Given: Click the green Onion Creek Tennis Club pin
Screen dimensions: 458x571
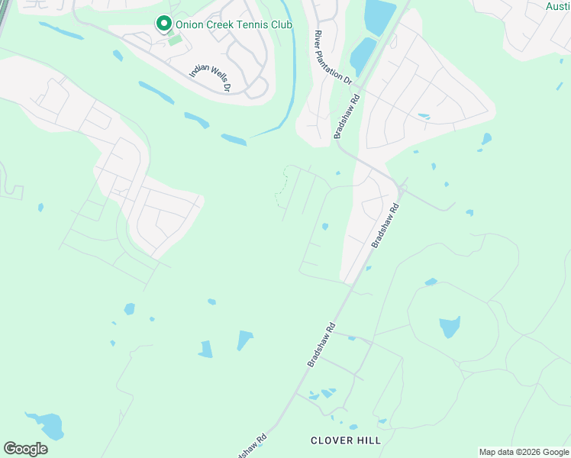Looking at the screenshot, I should (x=163, y=24).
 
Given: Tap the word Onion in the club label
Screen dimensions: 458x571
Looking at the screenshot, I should (x=190, y=24).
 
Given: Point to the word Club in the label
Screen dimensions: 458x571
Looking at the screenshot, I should (x=282, y=24).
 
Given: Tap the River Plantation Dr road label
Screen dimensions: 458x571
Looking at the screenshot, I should (x=333, y=58).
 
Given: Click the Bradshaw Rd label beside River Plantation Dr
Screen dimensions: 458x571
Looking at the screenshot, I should (x=346, y=117).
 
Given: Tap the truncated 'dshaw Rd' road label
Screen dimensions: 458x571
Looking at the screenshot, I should (x=255, y=445).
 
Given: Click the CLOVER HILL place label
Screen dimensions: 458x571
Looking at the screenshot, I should (x=345, y=440).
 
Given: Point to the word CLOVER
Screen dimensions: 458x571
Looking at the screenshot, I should (x=331, y=440).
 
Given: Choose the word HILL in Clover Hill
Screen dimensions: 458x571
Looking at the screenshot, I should (x=368, y=440).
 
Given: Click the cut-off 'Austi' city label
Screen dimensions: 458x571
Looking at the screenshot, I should (x=558, y=6).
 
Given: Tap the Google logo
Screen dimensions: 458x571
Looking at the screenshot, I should (x=25, y=449).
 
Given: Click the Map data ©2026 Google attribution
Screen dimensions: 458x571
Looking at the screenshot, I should (x=524, y=452).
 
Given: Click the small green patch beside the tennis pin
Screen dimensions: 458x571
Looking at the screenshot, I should (x=176, y=39).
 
